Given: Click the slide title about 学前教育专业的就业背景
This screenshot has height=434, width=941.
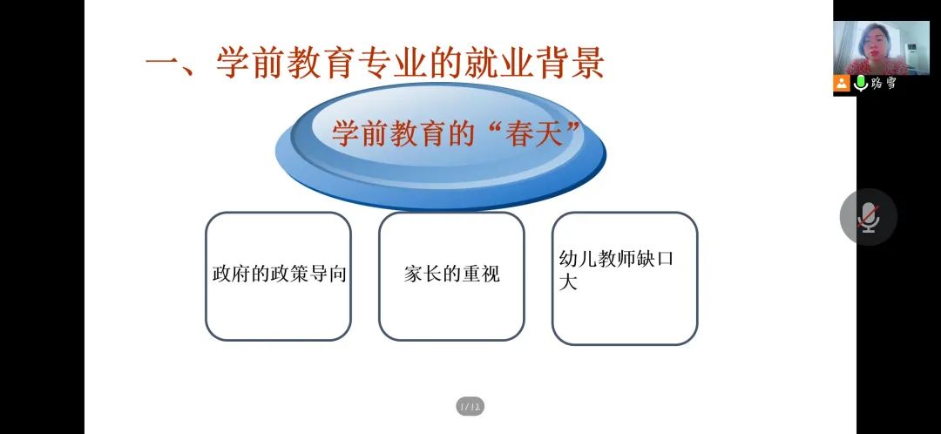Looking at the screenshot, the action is (x=375, y=63).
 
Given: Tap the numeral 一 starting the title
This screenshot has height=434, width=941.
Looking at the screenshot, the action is (x=163, y=64).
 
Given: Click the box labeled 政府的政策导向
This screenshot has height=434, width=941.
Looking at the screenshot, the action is (x=278, y=276).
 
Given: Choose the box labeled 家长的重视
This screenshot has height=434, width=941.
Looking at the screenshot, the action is (x=451, y=276).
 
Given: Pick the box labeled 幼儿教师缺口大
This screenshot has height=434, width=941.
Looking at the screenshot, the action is (x=625, y=279).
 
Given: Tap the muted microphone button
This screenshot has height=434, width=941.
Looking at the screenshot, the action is (x=869, y=217).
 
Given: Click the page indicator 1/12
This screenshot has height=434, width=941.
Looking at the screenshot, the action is (x=470, y=407).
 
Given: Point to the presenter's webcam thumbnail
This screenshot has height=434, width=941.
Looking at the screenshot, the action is (x=881, y=48).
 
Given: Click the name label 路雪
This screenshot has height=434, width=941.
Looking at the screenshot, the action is (x=883, y=84).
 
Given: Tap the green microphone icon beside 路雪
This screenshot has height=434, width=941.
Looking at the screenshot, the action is (x=861, y=84).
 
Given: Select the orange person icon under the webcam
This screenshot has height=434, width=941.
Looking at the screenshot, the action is (x=842, y=84).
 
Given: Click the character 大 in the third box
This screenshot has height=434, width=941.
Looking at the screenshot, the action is (x=568, y=282).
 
